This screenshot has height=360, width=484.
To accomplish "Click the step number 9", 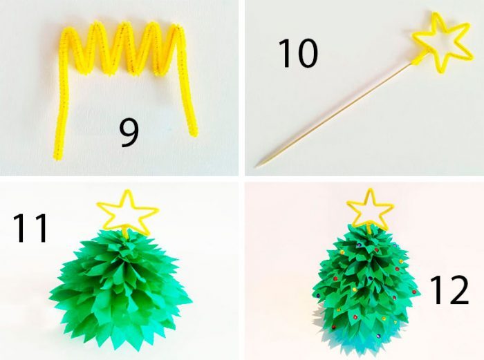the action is (x=129, y=133).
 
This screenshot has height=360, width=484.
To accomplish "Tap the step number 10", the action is (x=298, y=53).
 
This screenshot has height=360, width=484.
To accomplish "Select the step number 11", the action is (x=31, y=228).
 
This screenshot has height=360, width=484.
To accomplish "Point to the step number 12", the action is (x=449, y=290).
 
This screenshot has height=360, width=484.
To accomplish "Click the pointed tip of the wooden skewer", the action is (x=255, y=167).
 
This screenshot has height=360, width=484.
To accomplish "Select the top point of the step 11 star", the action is (x=127, y=191).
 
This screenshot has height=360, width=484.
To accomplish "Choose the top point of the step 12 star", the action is (x=370, y=189).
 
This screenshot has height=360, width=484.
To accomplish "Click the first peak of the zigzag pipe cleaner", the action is (x=68, y=30).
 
